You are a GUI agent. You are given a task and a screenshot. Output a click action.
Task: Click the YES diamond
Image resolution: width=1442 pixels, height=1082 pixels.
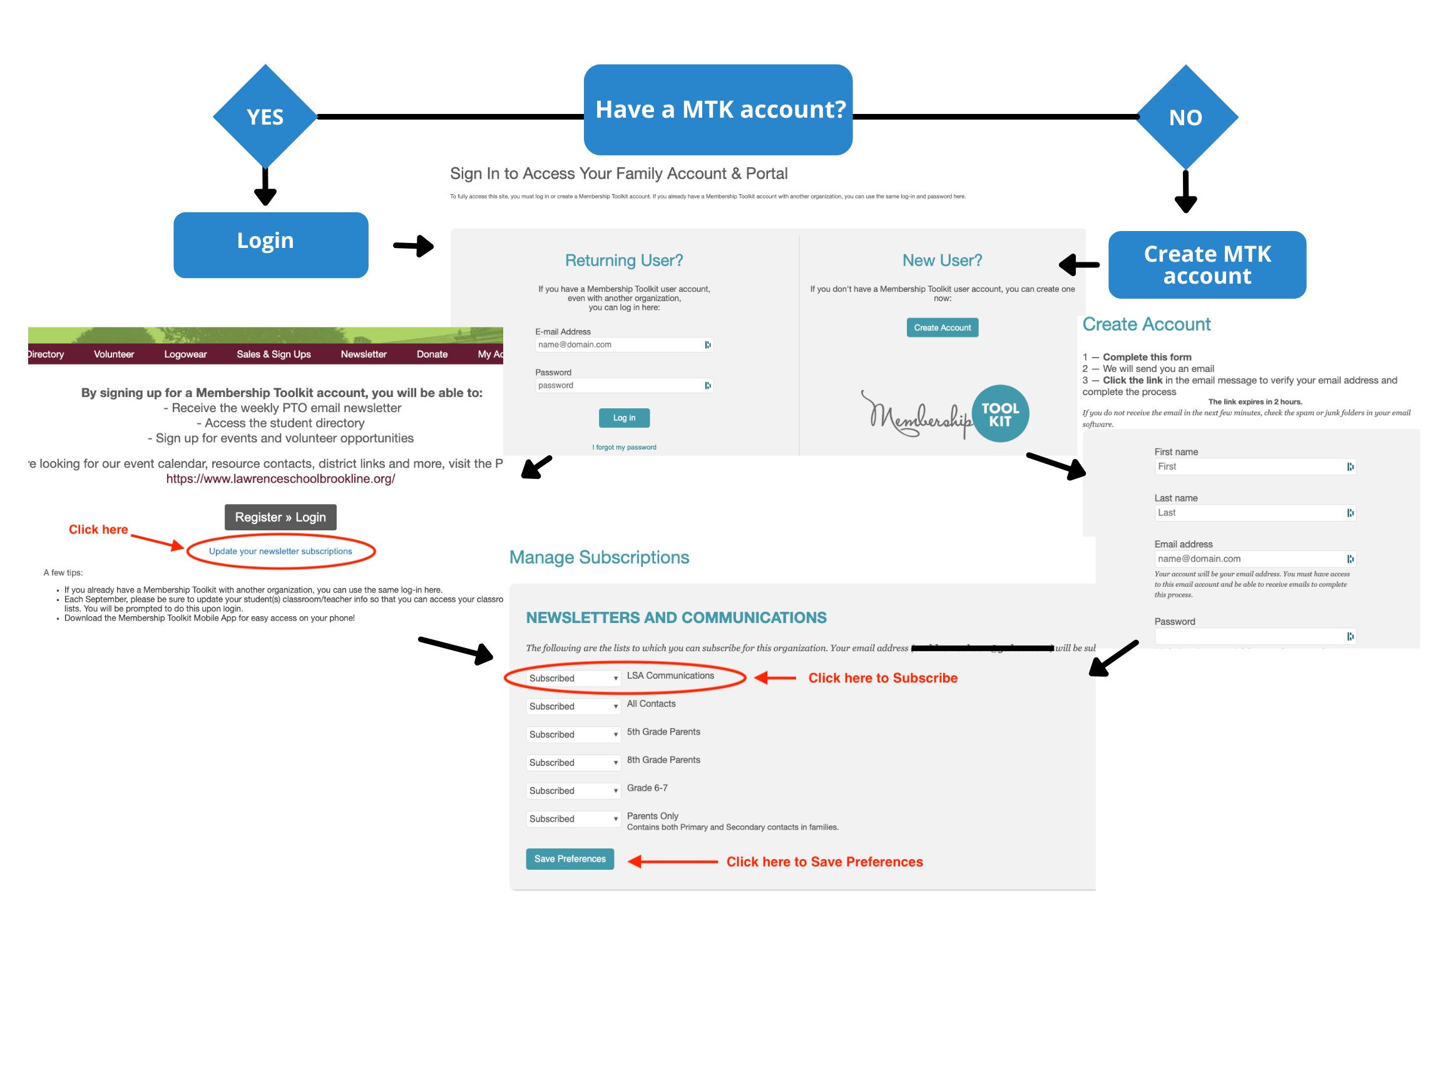click(265, 116)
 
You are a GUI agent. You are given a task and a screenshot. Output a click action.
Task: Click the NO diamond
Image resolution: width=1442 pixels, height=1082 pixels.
click(1185, 117)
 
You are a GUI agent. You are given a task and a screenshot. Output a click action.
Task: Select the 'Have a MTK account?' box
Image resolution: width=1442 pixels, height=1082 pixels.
click(718, 110)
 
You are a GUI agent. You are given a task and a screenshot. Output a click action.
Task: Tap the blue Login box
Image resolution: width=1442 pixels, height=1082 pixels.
click(270, 245)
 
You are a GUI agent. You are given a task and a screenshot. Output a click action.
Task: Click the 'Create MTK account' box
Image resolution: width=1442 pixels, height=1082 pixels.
click(1207, 265)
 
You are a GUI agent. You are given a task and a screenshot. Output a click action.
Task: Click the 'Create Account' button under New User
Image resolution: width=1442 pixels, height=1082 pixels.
click(942, 327)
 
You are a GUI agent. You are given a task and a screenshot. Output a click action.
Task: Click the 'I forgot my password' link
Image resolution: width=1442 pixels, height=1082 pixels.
click(624, 448)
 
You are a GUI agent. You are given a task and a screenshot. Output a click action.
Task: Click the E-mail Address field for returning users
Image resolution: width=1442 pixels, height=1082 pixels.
click(620, 344)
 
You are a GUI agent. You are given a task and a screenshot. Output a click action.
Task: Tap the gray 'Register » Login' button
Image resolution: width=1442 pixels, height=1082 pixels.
click(280, 517)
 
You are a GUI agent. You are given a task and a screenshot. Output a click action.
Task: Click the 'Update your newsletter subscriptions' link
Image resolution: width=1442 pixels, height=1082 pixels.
click(280, 551)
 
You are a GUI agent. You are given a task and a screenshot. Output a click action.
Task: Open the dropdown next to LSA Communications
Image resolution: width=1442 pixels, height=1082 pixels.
click(573, 678)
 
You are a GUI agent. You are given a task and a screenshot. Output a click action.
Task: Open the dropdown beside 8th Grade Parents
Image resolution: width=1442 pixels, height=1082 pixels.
click(573, 763)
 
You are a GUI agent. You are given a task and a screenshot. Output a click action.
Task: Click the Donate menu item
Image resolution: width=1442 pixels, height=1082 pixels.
click(432, 354)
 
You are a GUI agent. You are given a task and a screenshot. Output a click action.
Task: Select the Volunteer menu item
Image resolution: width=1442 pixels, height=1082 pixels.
click(113, 354)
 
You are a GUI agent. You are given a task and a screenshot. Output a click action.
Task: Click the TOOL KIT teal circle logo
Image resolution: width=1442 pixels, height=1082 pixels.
click(1000, 414)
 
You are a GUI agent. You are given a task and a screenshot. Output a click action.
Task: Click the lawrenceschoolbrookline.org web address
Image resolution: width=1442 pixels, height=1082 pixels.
click(280, 479)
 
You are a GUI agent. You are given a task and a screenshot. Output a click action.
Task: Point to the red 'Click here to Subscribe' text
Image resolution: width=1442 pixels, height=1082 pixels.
click(882, 678)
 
